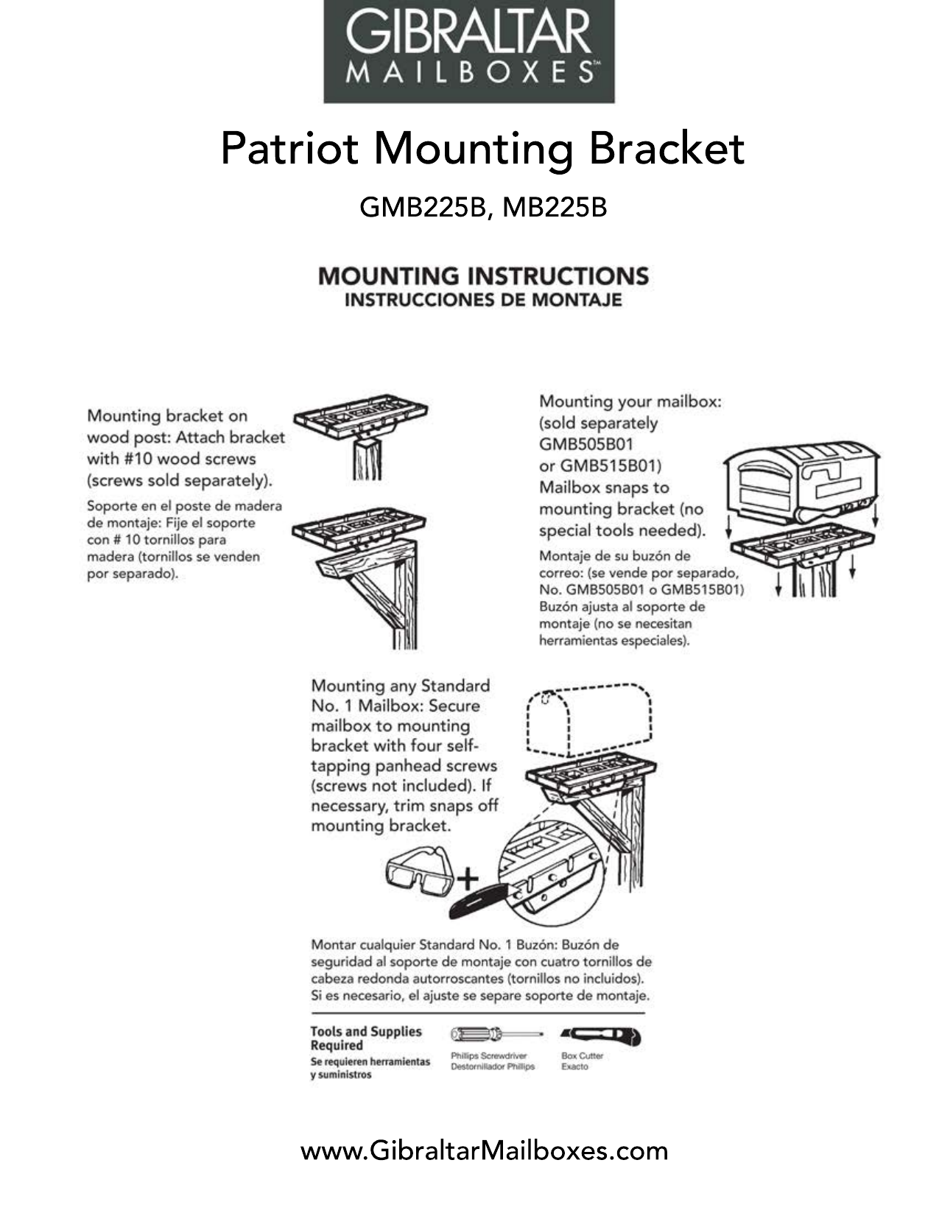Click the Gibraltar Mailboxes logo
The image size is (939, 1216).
[469, 51]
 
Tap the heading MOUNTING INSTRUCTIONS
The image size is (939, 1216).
[483, 276]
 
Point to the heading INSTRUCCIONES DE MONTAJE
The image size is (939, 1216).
[483, 301]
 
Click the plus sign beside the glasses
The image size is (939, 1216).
[468, 879]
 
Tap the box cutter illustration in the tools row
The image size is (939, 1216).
[600, 1036]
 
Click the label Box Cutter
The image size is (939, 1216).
[582, 1055]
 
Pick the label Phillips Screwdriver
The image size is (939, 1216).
[488, 1055]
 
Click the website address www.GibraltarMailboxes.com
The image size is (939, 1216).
[484, 1150]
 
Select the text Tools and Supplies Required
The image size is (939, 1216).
[365, 1038]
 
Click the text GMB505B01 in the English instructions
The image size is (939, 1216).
[586, 444]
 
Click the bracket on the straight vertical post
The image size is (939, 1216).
[361, 423]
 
